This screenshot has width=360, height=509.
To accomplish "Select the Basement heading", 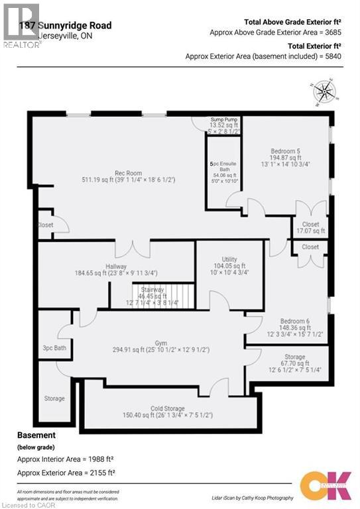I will [x=35, y=435].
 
